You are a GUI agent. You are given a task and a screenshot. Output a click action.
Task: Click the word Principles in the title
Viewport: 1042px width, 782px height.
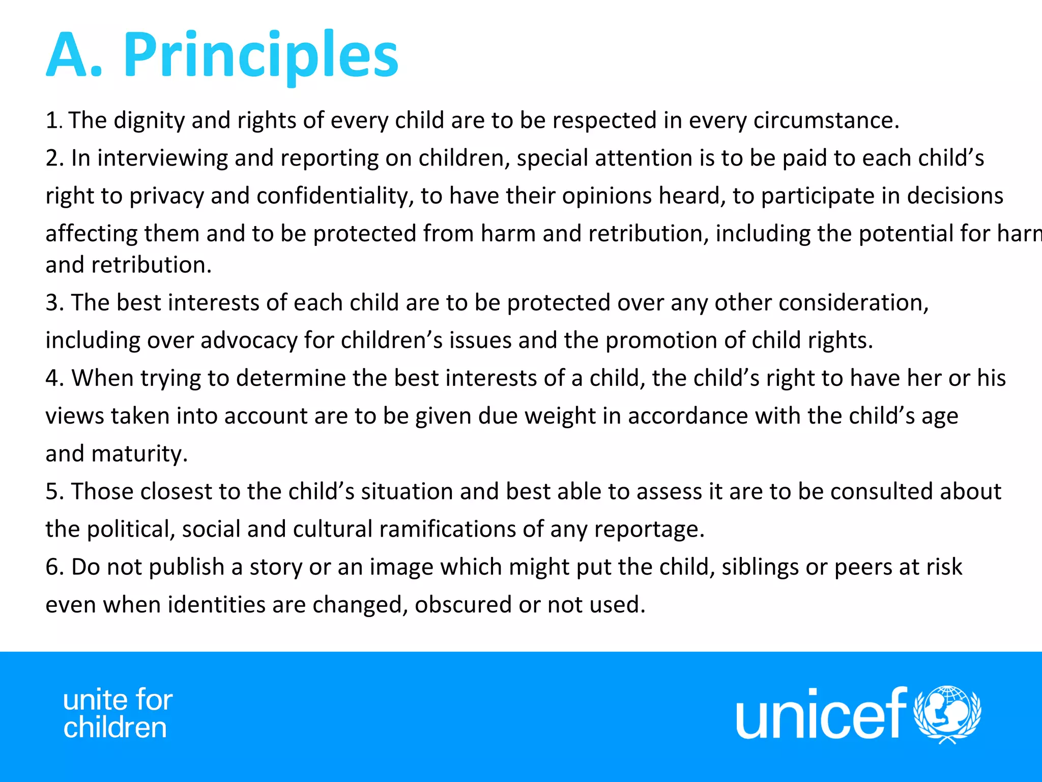coord(260,55)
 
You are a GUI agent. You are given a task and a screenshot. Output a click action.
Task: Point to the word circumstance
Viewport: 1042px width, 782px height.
coord(826,121)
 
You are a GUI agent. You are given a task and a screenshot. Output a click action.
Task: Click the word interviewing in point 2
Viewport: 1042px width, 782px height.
coord(162,158)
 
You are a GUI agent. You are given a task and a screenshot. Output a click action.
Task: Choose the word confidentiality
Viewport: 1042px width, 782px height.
coord(335,197)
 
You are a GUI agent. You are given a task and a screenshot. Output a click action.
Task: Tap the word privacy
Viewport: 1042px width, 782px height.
coord(166,197)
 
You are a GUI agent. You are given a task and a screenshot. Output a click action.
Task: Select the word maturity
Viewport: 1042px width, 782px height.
coord(139,454)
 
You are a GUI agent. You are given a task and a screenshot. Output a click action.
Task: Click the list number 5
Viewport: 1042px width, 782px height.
coord(53,492)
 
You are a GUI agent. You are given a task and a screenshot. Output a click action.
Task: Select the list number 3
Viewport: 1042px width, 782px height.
coord(53,303)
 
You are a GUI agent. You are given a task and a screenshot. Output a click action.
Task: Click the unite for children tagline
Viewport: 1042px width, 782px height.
coord(118,714)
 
